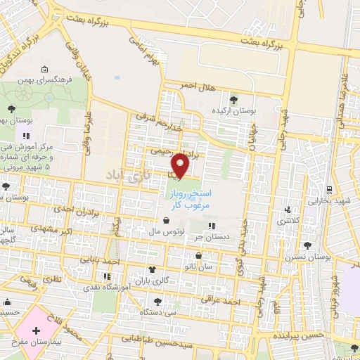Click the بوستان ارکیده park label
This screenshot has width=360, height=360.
coord(233,110)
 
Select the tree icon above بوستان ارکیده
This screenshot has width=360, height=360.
coord(233,98)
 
